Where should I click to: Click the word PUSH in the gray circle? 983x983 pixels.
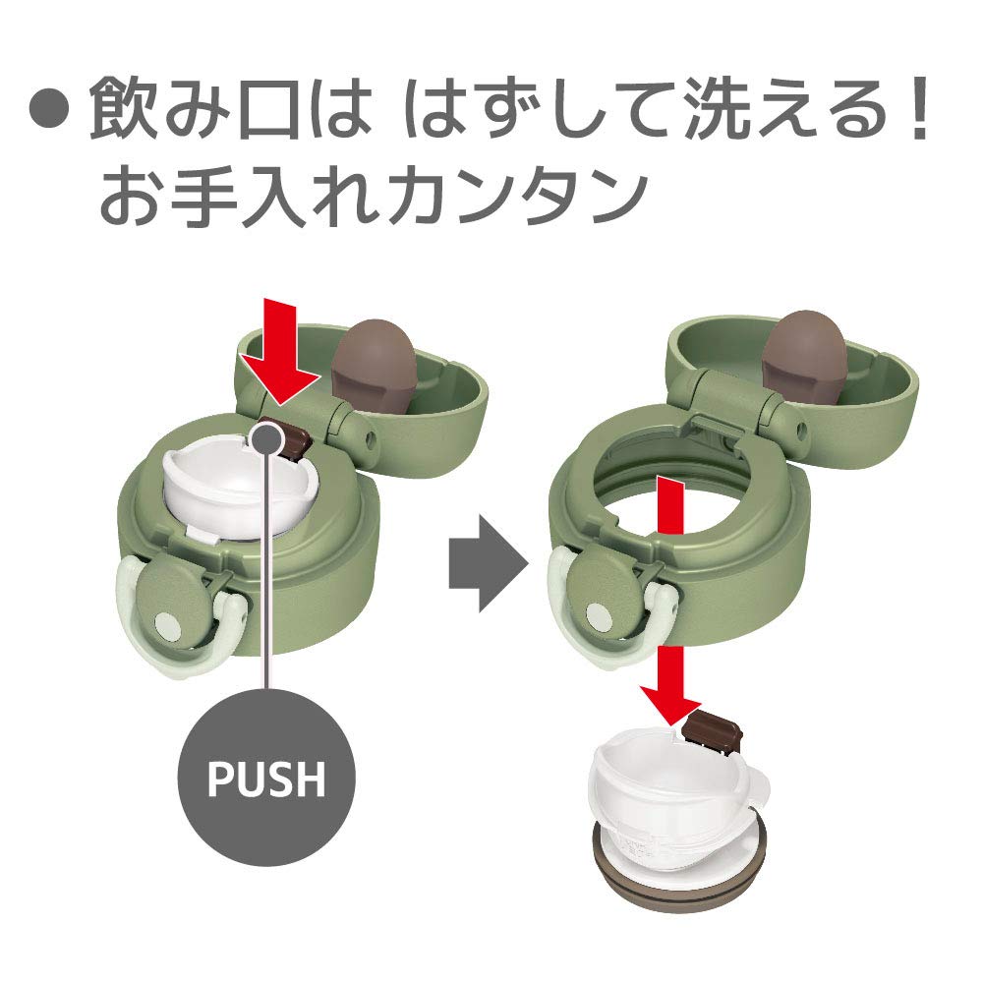(x=266, y=778)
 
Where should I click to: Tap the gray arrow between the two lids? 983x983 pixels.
(x=489, y=563)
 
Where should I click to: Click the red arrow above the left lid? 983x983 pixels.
(x=279, y=351)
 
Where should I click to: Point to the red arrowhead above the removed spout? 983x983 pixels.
(x=670, y=704)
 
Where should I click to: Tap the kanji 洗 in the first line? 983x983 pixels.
(x=721, y=108)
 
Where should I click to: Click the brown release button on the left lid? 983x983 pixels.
(x=294, y=437)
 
